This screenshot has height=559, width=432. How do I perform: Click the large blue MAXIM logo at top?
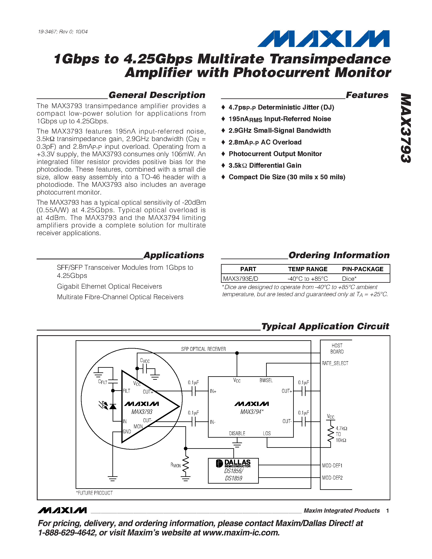pos(323,39)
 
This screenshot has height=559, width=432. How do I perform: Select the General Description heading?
pos(157,95)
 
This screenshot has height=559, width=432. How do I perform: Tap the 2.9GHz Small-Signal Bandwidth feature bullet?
pos(280,131)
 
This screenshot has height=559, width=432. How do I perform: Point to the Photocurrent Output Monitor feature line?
pos(275,154)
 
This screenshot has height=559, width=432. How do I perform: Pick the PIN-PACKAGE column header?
pos(363,269)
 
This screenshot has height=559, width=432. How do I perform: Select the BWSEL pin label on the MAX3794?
pos(266,381)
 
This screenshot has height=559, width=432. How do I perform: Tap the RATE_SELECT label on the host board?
pos(335,363)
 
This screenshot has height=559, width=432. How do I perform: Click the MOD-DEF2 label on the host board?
pos(332,478)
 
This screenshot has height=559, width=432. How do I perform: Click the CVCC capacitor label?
pos(145,361)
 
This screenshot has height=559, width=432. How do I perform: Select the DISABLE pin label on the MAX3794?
pos(237,433)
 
